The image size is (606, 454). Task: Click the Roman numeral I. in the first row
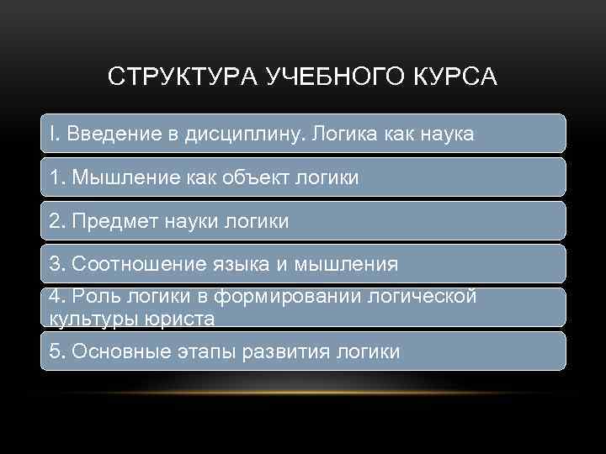tap(55, 134)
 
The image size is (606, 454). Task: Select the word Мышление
tap(116, 177)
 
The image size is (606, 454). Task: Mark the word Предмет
tap(109, 221)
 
